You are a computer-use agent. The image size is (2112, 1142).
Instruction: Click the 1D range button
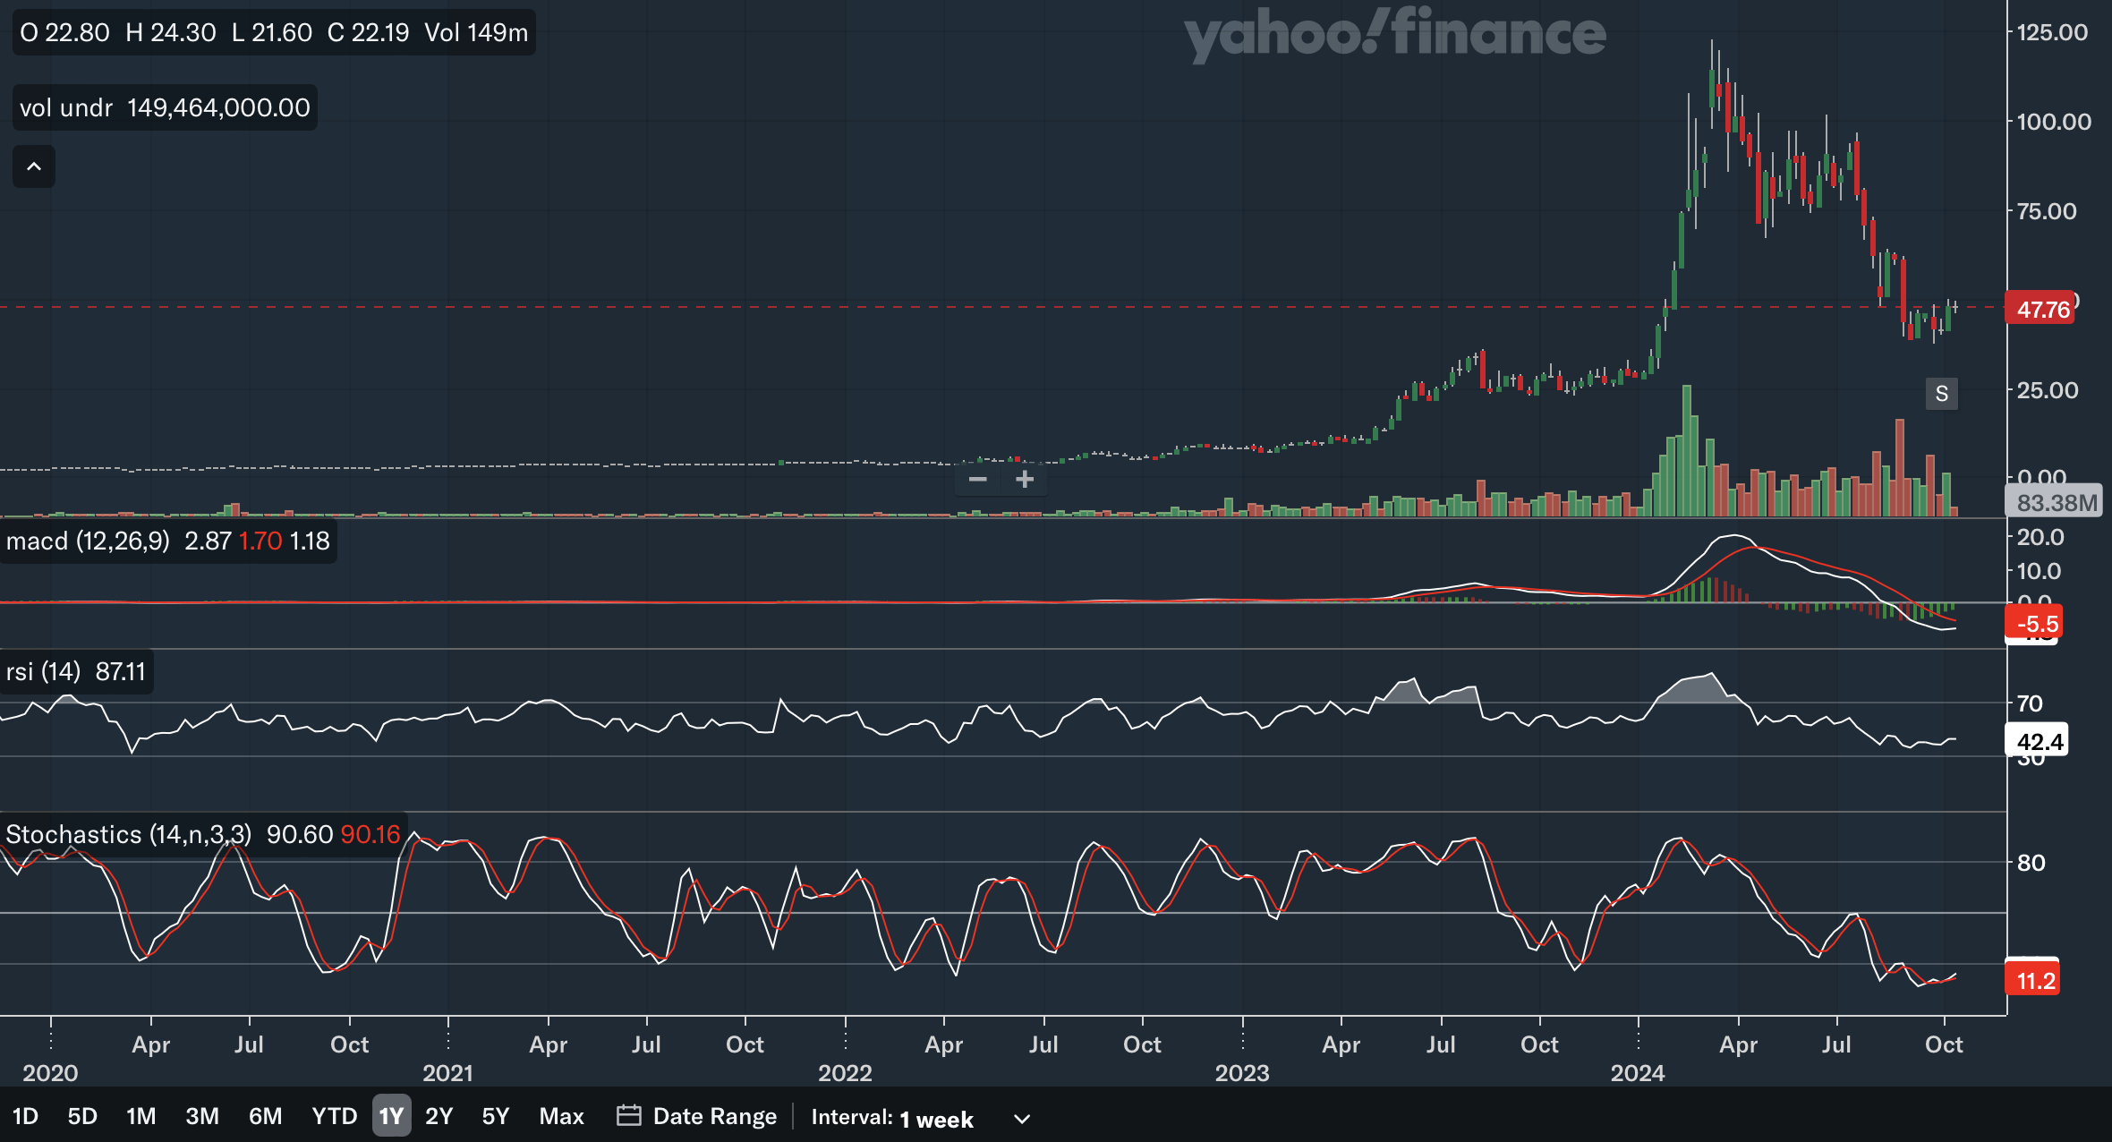[25, 1116]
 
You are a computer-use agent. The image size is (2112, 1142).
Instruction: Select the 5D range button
[82, 1116]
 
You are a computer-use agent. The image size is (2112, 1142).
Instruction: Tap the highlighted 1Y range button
[391, 1116]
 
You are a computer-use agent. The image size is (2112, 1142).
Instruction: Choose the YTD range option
[334, 1116]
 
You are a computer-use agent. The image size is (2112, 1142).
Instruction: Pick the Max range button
[561, 1116]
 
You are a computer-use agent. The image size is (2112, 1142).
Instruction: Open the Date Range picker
[697, 1116]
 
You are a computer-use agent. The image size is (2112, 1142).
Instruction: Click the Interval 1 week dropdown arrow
[1022, 1119]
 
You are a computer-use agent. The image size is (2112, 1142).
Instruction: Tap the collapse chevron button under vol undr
[34, 166]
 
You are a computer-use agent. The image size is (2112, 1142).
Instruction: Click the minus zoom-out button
[977, 480]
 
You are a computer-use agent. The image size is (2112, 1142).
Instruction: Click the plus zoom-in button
[1025, 480]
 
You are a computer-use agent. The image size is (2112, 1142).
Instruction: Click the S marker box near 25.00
[1941, 394]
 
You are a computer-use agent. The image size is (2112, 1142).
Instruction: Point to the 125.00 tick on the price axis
[2051, 32]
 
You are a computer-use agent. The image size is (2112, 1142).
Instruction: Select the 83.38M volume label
[2057, 503]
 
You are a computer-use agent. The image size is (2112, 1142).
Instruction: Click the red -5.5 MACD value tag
[2037, 624]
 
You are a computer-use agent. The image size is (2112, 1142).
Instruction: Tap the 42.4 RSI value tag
[2040, 742]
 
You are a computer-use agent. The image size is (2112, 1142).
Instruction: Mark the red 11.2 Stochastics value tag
[2035, 981]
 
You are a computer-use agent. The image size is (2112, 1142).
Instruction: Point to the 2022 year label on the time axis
[845, 1072]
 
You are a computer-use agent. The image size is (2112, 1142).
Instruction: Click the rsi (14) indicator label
[43, 671]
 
